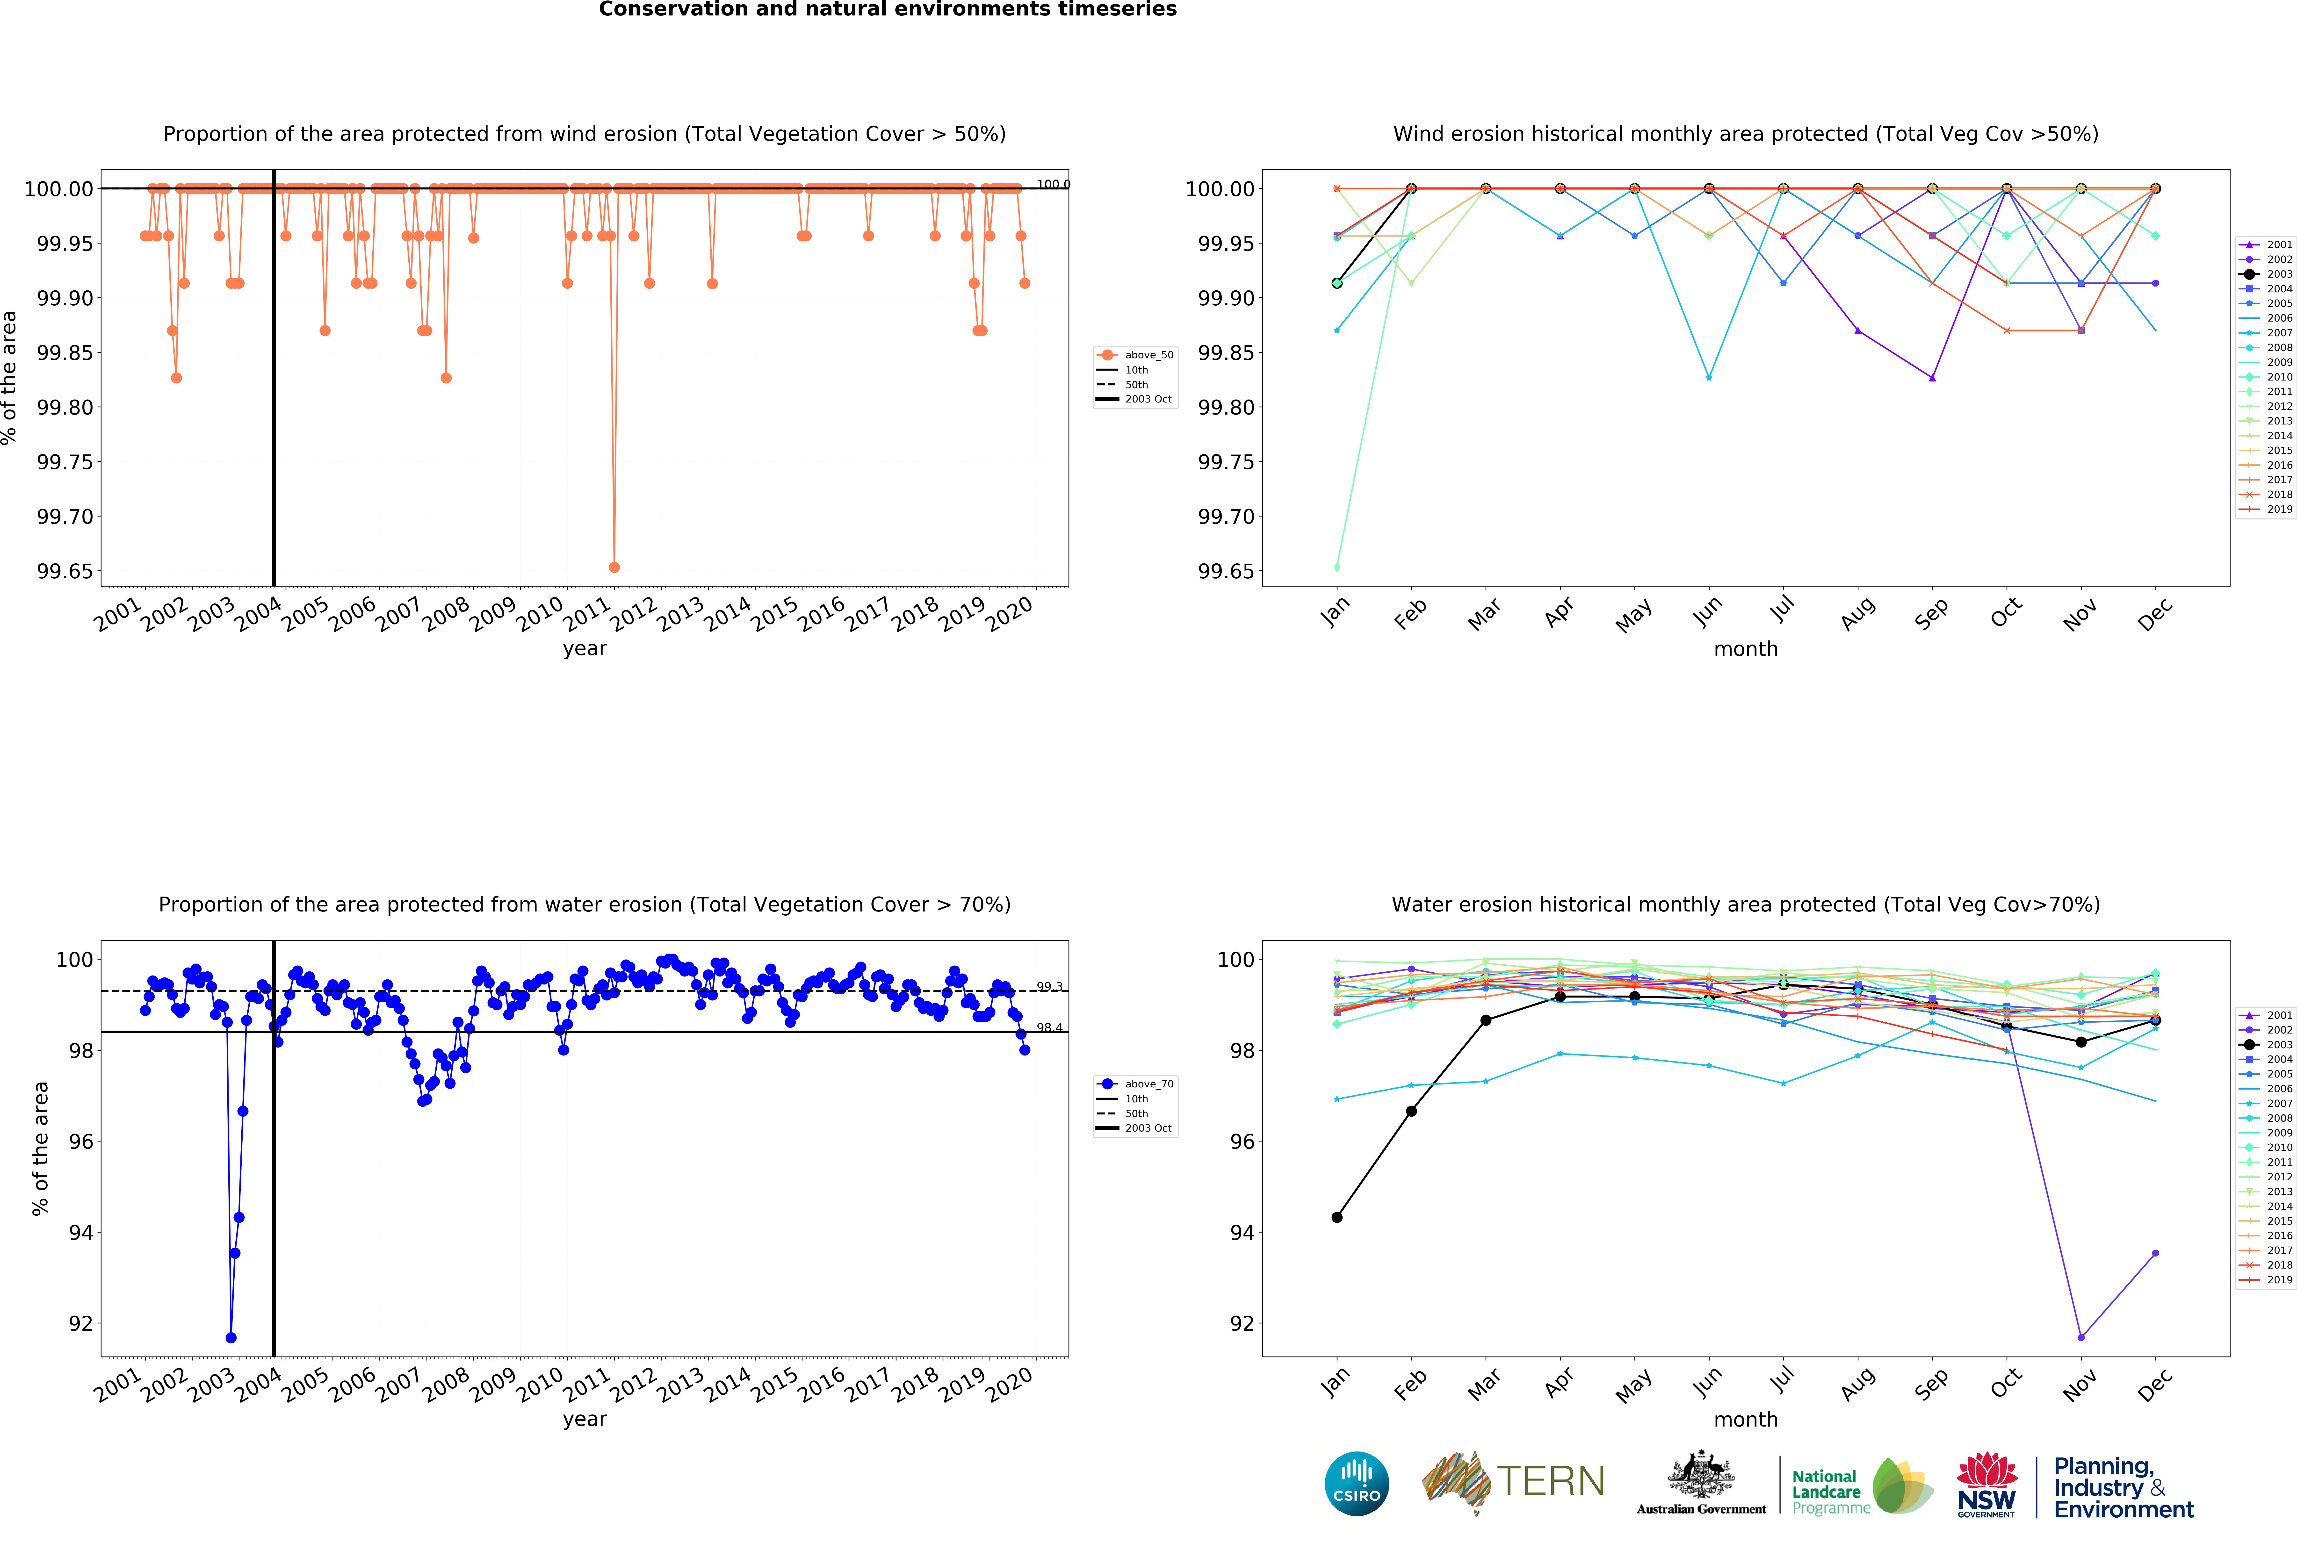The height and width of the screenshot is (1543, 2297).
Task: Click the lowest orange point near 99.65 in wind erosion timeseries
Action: [x=614, y=567]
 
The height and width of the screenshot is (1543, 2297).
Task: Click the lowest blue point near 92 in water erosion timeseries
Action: [x=230, y=1337]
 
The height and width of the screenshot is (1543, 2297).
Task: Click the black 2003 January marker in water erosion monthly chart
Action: [x=1336, y=1217]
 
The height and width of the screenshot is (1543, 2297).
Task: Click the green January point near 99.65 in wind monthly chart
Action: [x=1336, y=567]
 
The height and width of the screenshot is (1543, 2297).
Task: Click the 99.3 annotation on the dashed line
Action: [x=1049, y=986]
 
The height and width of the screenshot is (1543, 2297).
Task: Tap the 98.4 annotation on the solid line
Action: [x=1049, y=1027]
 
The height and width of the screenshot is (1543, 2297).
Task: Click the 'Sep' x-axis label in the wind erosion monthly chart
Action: [x=1931, y=613]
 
